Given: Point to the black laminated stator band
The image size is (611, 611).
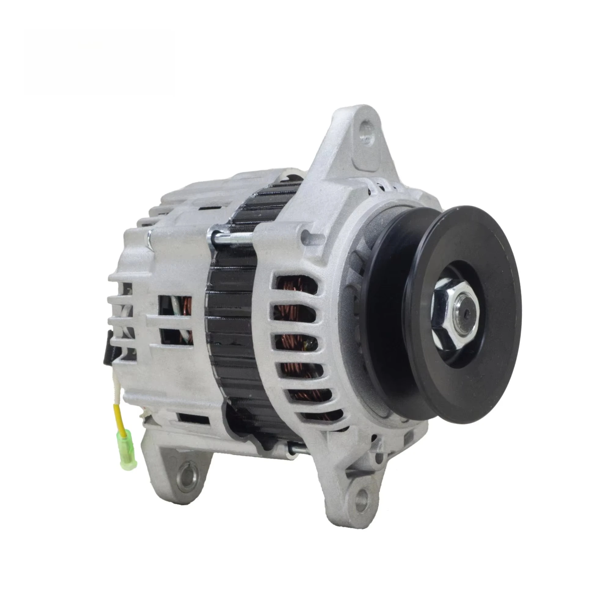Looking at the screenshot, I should click(x=232, y=316).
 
